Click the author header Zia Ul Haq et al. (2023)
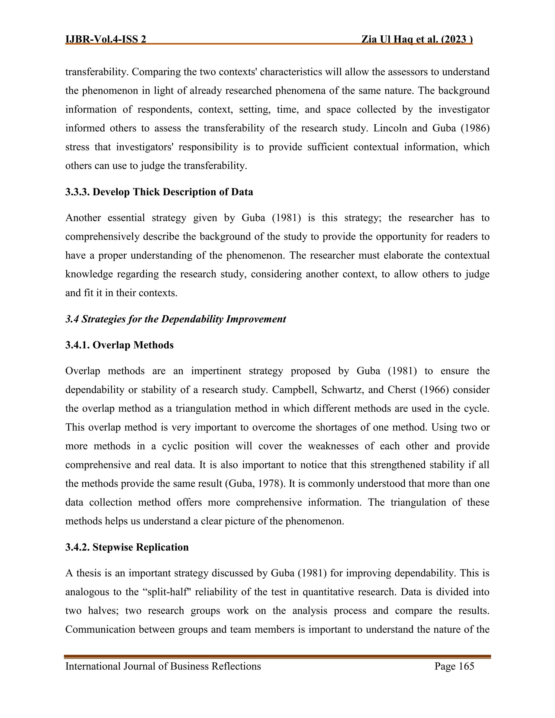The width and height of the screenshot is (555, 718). point(417,40)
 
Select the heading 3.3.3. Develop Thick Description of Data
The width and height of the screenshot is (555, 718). point(159,192)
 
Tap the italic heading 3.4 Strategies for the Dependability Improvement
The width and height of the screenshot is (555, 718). point(176,319)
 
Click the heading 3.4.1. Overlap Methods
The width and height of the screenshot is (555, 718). point(119,345)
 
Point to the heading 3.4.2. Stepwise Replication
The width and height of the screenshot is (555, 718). point(127,547)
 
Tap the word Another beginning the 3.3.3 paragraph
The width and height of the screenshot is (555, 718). point(83,218)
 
